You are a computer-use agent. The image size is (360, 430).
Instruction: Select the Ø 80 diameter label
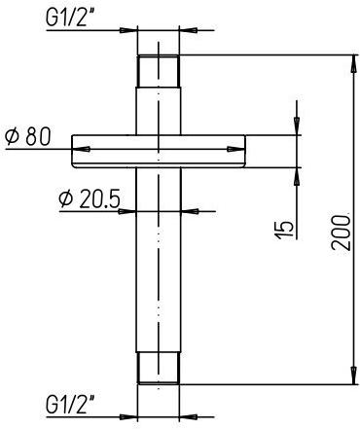[x=27, y=136]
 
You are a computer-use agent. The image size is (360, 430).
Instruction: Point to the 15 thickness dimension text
[x=283, y=229]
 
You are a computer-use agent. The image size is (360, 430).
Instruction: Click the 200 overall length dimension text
[x=338, y=231]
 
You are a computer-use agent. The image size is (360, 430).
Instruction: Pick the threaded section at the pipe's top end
[x=159, y=70]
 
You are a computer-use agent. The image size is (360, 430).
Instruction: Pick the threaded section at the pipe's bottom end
[x=159, y=367]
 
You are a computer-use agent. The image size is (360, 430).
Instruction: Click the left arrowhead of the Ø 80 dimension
[x=80, y=150]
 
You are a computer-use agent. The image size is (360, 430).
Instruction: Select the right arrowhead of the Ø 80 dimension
[x=238, y=150]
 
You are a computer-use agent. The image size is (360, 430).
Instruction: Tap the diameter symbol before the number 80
[x=12, y=136]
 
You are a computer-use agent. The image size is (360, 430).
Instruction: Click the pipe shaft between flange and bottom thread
[x=159, y=263]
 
